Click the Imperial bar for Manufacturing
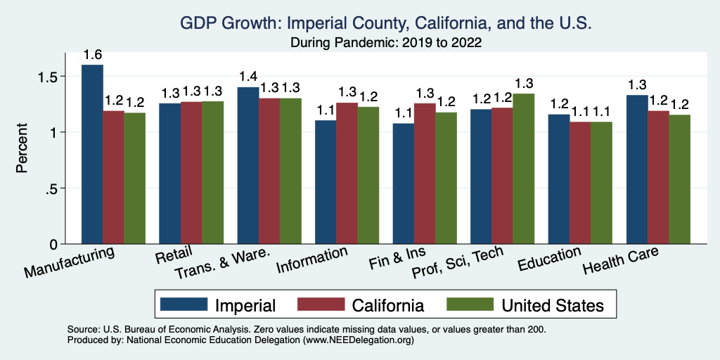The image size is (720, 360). point(92,155)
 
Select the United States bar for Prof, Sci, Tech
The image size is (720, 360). point(523,169)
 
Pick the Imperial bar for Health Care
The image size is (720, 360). point(637,169)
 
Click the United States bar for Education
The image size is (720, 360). point(601,183)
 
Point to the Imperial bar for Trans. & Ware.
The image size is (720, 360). point(247,165)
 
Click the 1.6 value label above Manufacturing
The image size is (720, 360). point(92,55)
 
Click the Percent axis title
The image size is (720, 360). point(22,149)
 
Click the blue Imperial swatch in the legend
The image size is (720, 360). point(184,304)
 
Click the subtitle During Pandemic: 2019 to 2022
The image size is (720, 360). point(386,43)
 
